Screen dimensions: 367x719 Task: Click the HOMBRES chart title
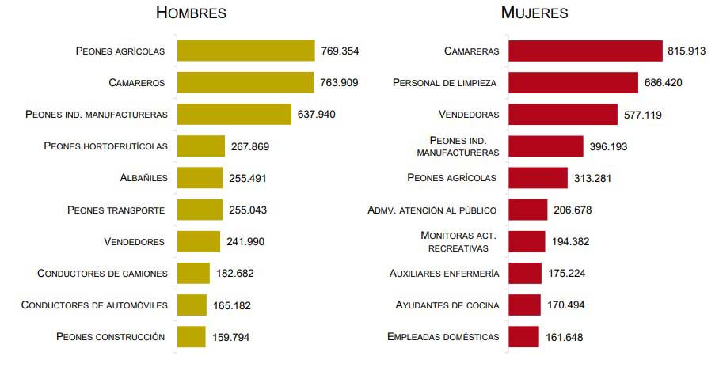(x=192, y=13)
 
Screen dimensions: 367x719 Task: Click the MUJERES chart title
(x=534, y=13)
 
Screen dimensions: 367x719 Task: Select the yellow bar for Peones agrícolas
(x=245, y=51)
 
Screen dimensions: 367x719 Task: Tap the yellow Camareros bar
(x=245, y=82)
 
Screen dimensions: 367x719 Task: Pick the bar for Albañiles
(x=200, y=178)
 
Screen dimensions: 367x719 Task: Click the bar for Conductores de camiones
(x=193, y=273)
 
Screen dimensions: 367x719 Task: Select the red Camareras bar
(x=585, y=51)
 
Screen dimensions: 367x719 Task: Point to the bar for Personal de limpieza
(x=573, y=82)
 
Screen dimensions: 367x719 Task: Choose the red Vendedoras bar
(x=562, y=114)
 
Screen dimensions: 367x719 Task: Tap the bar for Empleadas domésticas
(x=523, y=337)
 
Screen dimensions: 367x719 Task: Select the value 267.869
(x=250, y=146)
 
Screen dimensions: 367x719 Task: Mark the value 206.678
(x=573, y=210)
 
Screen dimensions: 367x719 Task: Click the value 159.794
(x=230, y=337)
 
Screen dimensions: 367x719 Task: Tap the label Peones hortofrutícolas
(x=105, y=146)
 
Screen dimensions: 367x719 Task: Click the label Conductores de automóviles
(x=94, y=305)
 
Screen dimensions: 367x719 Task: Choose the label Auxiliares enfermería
(x=444, y=273)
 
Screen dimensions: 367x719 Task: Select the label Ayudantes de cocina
(x=447, y=305)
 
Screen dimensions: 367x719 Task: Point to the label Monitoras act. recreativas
(x=458, y=241)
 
